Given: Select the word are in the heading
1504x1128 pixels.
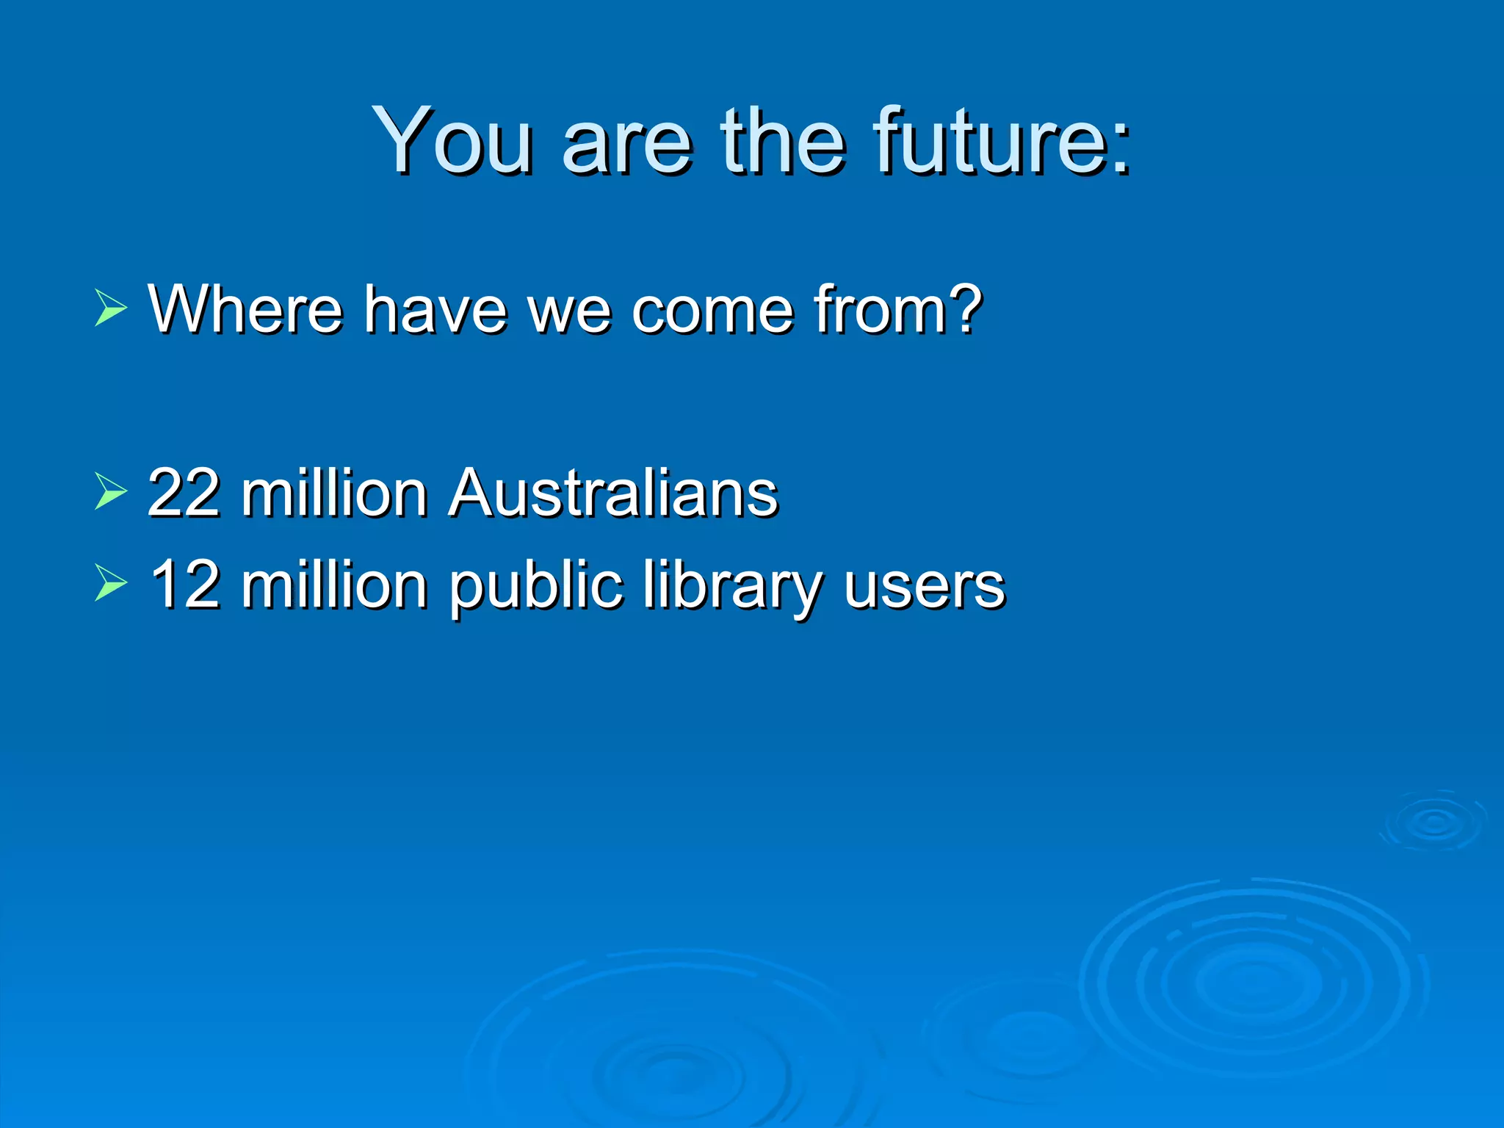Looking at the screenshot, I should tap(626, 141).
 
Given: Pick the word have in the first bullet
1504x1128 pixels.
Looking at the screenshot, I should tap(435, 308).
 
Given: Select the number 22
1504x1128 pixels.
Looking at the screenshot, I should tap(184, 493).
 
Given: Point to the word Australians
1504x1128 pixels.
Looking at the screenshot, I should tap(613, 493).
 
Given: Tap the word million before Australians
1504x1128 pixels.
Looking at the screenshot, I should tap(334, 493).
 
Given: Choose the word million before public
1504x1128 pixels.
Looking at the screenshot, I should tap(334, 585).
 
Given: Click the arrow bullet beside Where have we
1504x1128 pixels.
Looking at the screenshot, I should tap(110, 308).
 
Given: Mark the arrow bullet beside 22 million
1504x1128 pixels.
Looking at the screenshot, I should tap(110, 491).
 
